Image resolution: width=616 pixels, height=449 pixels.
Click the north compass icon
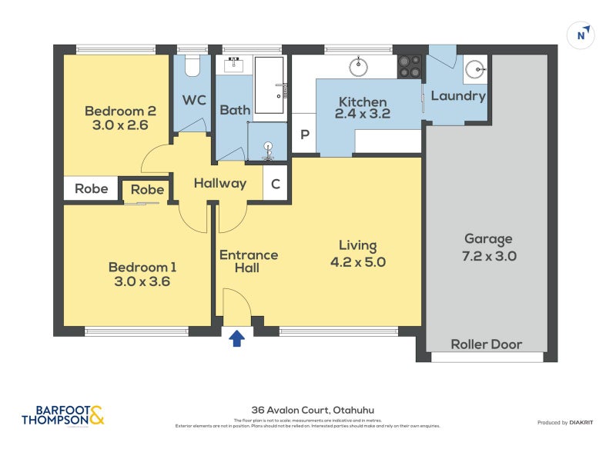pyautogui.click(x=584, y=35)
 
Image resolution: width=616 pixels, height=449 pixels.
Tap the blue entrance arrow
pyautogui.click(x=237, y=337)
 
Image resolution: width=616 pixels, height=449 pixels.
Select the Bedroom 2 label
pyautogui.click(x=115, y=110)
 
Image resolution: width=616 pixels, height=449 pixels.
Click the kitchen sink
pyautogui.click(x=359, y=67)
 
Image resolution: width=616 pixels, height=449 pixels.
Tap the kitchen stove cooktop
pyautogui.click(x=410, y=66)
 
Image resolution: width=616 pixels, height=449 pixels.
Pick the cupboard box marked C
pyautogui.click(x=276, y=184)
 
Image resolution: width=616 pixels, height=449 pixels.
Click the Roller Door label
pyautogui.click(x=486, y=344)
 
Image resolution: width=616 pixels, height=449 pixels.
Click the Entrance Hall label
pyautogui.click(x=249, y=261)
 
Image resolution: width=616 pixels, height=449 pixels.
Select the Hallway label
pyautogui.click(x=219, y=183)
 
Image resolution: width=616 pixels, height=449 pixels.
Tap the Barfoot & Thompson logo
pyautogui.click(x=62, y=415)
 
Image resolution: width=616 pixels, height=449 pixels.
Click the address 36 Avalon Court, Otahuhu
pyautogui.click(x=308, y=410)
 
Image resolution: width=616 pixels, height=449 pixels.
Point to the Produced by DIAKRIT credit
pyautogui.click(x=568, y=422)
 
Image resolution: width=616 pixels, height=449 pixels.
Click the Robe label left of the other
pyautogui.click(x=91, y=189)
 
